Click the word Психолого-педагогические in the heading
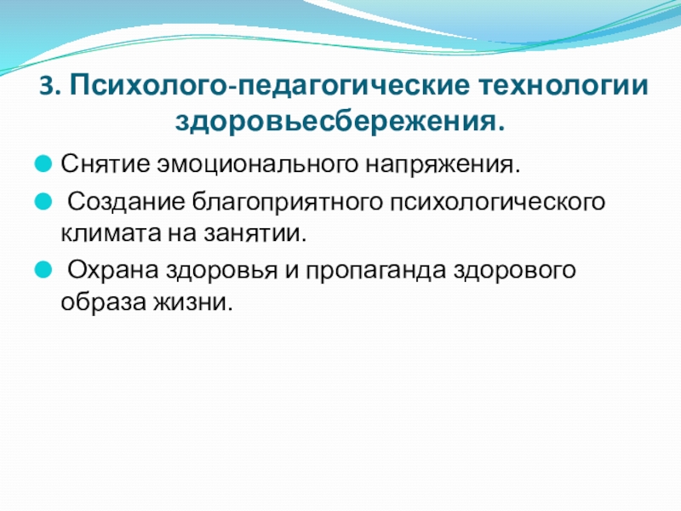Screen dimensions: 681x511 tap(270, 86)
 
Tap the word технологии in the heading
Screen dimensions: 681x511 tap(564, 85)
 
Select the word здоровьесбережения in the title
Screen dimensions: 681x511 tap(335, 120)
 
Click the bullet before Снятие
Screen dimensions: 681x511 tap(43, 164)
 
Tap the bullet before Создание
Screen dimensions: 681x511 tap(43, 202)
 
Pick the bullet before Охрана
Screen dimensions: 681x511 tap(43, 269)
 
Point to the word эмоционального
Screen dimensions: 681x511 tap(256, 164)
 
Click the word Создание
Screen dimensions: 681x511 tap(126, 203)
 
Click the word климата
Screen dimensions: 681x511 tap(111, 233)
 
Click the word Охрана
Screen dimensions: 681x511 tap(113, 271)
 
